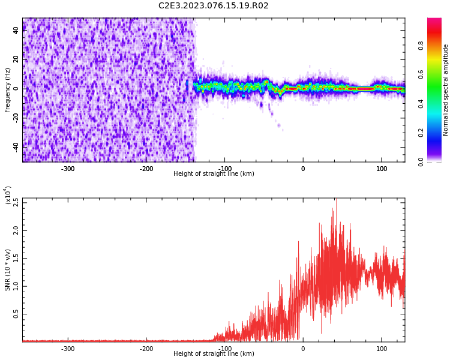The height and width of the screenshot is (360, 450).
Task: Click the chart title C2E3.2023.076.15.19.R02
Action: (x=213, y=6)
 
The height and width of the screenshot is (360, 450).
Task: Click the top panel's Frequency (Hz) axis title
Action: (x=8, y=90)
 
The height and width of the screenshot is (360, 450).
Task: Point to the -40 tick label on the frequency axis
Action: (x=14, y=146)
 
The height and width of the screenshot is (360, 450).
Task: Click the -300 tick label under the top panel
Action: (x=68, y=169)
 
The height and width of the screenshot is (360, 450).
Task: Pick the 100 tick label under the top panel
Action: (x=382, y=169)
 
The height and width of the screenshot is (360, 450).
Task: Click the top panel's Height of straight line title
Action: (x=213, y=174)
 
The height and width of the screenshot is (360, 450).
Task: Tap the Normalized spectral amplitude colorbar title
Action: (x=446, y=90)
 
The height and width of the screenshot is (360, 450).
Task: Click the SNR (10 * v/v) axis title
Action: (x=8, y=270)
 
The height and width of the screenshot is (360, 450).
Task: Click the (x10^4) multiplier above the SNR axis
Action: (x=8, y=195)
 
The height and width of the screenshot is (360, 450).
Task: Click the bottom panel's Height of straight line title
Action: (x=213, y=354)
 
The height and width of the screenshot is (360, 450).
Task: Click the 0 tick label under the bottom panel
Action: (x=303, y=349)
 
